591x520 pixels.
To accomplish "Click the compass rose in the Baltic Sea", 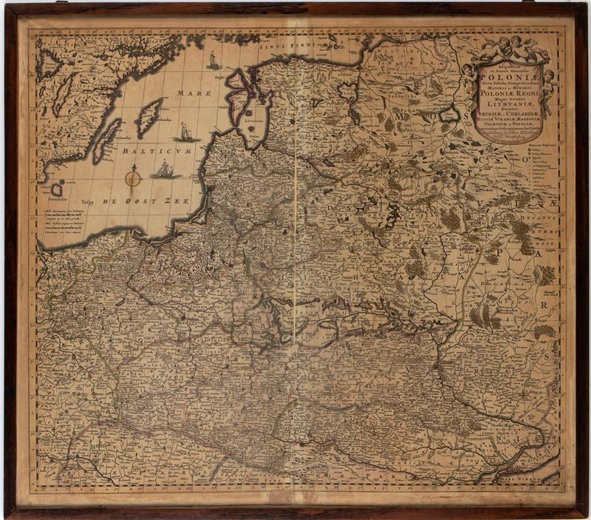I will coord(133,178).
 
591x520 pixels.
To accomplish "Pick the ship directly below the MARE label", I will coord(186,132).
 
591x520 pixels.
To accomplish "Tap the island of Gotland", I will coord(150,115).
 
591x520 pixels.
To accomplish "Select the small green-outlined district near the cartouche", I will coord(447,114).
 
